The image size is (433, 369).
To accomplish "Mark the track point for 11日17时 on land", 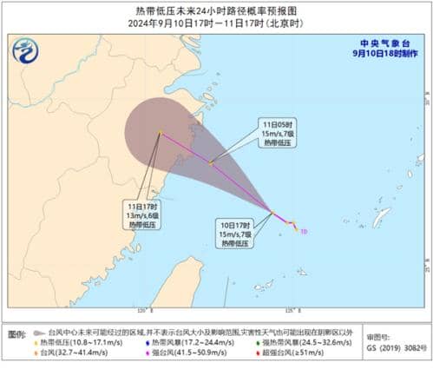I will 161,132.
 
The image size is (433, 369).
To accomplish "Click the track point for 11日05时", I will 211,161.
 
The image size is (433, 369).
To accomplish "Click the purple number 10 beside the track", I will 303,231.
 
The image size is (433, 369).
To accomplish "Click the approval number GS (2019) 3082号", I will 397,348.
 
